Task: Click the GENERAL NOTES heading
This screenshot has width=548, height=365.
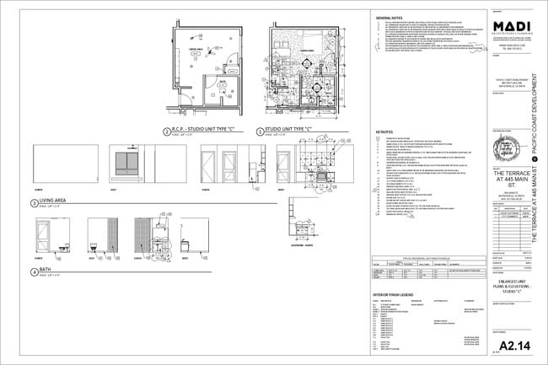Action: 389,17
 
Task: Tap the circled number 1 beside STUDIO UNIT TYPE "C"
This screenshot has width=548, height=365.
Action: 261,132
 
